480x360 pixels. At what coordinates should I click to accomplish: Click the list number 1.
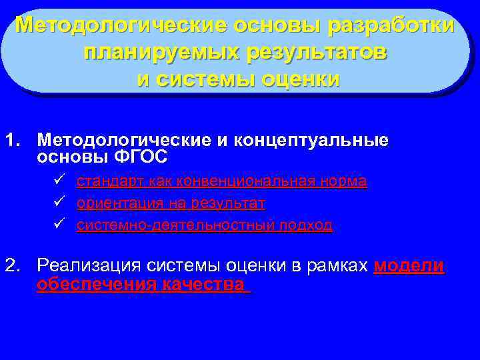11,141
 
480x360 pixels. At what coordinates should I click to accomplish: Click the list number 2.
11,266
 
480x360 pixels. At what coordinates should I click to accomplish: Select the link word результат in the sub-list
227,203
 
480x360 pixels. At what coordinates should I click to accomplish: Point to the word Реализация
84,266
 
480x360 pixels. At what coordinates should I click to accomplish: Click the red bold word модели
409,266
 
